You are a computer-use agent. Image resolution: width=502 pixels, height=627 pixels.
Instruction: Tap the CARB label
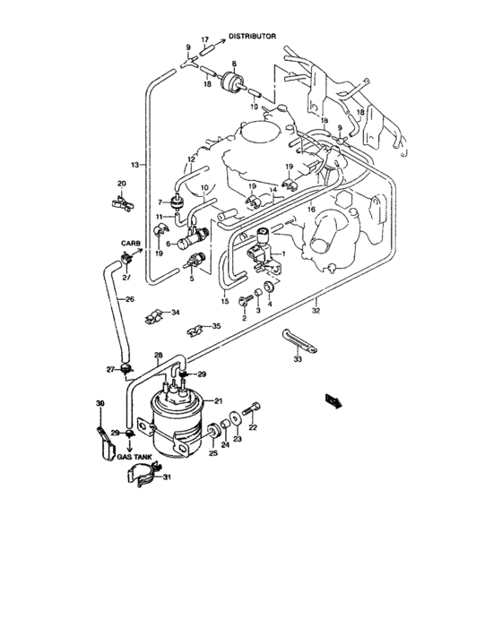coord(132,243)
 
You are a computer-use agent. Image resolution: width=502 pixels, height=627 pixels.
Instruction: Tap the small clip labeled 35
coord(195,329)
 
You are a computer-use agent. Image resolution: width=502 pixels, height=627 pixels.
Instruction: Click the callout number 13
coord(135,166)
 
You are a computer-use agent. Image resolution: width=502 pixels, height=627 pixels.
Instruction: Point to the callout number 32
coord(316,310)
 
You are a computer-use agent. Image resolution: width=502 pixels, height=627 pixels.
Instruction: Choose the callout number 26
coord(129,299)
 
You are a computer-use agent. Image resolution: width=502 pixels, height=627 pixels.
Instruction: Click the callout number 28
coord(158,355)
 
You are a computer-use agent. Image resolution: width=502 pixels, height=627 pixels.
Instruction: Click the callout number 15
coord(223,301)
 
